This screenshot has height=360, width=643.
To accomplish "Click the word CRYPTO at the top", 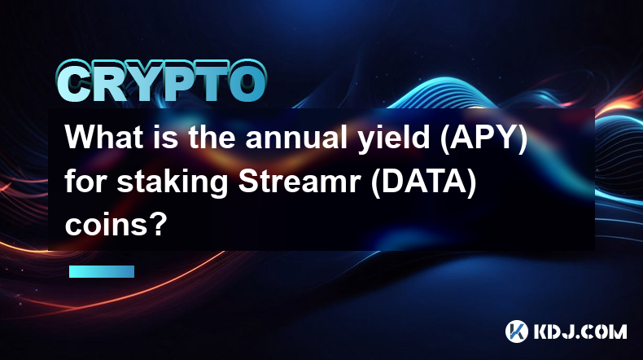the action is click(162, 82).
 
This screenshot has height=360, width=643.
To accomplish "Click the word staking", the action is click(173, 184).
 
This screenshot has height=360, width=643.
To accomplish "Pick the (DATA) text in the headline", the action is click(423, 183).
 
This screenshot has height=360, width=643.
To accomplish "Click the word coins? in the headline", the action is click(116, 225).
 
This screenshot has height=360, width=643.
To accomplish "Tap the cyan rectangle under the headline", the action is click(102, 271).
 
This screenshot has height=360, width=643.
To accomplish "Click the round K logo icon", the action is click(517, 331).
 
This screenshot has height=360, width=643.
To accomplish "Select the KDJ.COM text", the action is click(580, 331).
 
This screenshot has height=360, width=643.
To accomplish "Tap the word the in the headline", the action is click(212, 137).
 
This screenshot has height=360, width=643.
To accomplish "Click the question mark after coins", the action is click(159, 224).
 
